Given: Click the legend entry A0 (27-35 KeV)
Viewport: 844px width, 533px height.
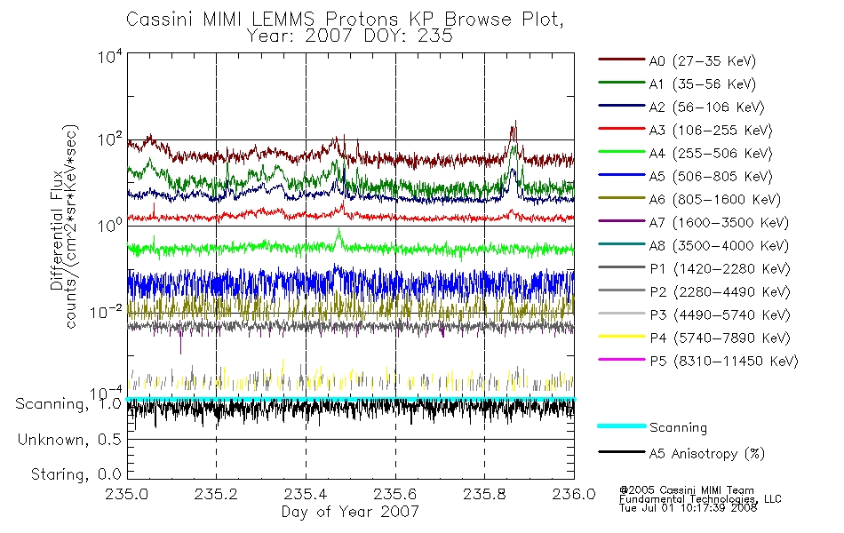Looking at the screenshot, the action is (677, 60).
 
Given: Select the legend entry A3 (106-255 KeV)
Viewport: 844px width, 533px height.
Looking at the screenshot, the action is (685, 130).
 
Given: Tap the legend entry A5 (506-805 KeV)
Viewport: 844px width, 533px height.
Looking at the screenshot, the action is (685, 176).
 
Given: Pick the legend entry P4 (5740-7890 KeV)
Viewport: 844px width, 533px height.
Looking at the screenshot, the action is (695, 338).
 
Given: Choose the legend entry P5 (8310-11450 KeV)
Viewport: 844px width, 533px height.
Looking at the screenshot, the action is (698, 361).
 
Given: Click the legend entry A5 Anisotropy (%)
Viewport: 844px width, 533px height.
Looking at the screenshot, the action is (681, 453).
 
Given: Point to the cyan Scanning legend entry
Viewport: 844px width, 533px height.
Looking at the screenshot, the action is (652, 427).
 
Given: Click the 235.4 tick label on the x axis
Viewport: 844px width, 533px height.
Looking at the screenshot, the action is (306, 494).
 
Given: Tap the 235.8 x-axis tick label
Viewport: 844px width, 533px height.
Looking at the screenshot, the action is (484, 494).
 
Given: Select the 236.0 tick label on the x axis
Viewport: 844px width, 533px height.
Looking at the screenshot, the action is (574, 494).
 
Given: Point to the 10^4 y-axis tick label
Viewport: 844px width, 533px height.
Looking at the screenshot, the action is (110, 56).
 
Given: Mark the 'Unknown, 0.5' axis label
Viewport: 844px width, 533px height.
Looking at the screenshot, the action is (69, 440).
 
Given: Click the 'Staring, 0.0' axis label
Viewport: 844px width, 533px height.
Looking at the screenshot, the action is (76, 474).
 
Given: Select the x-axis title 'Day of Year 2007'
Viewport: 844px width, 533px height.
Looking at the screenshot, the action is (350, 511).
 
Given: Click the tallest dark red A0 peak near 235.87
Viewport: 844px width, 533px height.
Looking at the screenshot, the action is (515, 121).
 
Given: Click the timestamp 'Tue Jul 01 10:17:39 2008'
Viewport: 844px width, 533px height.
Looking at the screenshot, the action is (688, 508).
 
